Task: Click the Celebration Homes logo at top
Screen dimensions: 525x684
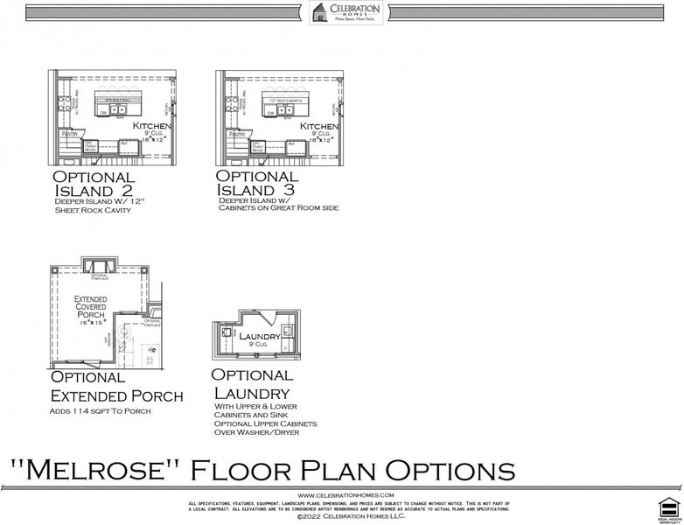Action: tap(345, 12)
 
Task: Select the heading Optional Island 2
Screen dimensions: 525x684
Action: tap(94, 184)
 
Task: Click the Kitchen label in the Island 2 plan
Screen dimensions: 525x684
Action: tap(150, 126)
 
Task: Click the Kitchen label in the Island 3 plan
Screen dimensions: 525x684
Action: tap(318, 126)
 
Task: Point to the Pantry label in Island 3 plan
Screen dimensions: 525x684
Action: tap(237, 134)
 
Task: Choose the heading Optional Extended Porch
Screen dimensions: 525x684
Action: tap(116, 387)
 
